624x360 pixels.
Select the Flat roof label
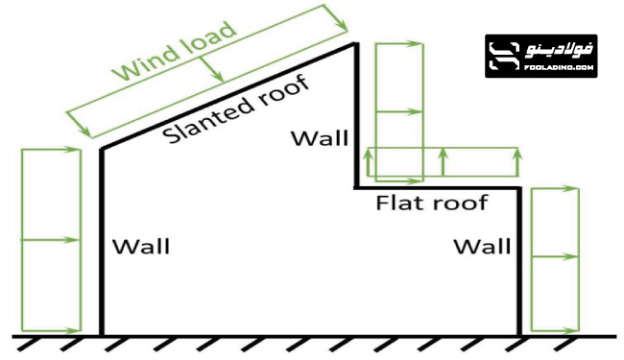[x=432, y=204]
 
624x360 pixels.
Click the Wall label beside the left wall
[x=141, y=247]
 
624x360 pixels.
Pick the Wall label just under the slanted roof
[x=320, y=137]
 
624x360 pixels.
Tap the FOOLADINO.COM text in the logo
[x=561, y=69]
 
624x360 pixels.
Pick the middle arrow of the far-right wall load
[x=555, y=256]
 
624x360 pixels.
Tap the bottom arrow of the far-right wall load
[x=555, y=329]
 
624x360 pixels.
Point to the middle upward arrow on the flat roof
[x=442, y=161]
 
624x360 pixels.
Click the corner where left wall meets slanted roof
[x=103, y=148]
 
